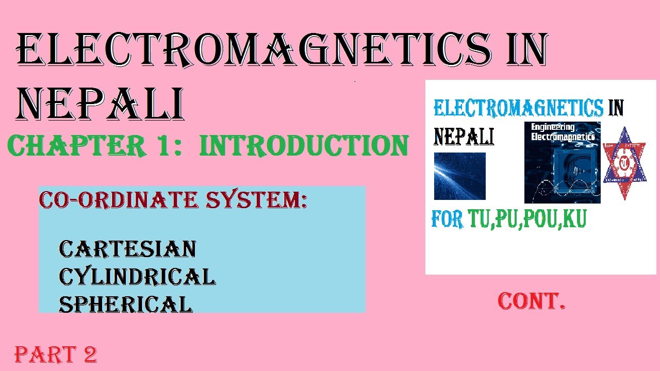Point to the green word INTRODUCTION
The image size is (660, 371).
[x=304, y=146]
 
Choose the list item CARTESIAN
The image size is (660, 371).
[x=127, y=249]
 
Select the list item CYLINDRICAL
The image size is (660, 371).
[x=137, y=277]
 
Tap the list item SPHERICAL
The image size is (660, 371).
[x=125, y=304]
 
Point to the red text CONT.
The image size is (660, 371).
[x=532, y=301]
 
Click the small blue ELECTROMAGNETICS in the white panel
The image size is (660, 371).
[x=518, y=108]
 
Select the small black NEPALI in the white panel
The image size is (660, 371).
[x=464, y=137]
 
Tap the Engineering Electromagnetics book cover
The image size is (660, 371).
[x=562, y=162]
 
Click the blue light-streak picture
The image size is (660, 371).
[x=459, y=176]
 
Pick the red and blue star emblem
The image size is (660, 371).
[x=624, y=163]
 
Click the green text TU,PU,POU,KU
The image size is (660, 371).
[x=527, y=220]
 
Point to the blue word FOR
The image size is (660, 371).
[x=447, y=220]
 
